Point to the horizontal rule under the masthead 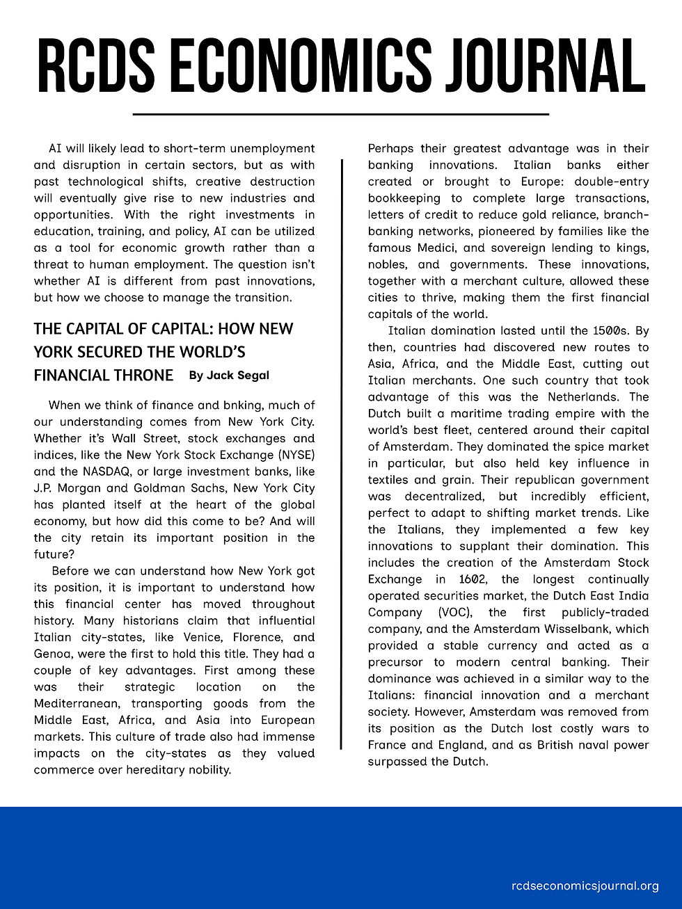coord(340,113)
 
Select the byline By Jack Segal coord(229,376)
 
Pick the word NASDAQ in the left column coord(107,472)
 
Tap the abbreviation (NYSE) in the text coord(296,455)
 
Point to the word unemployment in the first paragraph coord(272,148)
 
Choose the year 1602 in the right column coord(473,579)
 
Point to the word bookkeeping coord(404,198)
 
